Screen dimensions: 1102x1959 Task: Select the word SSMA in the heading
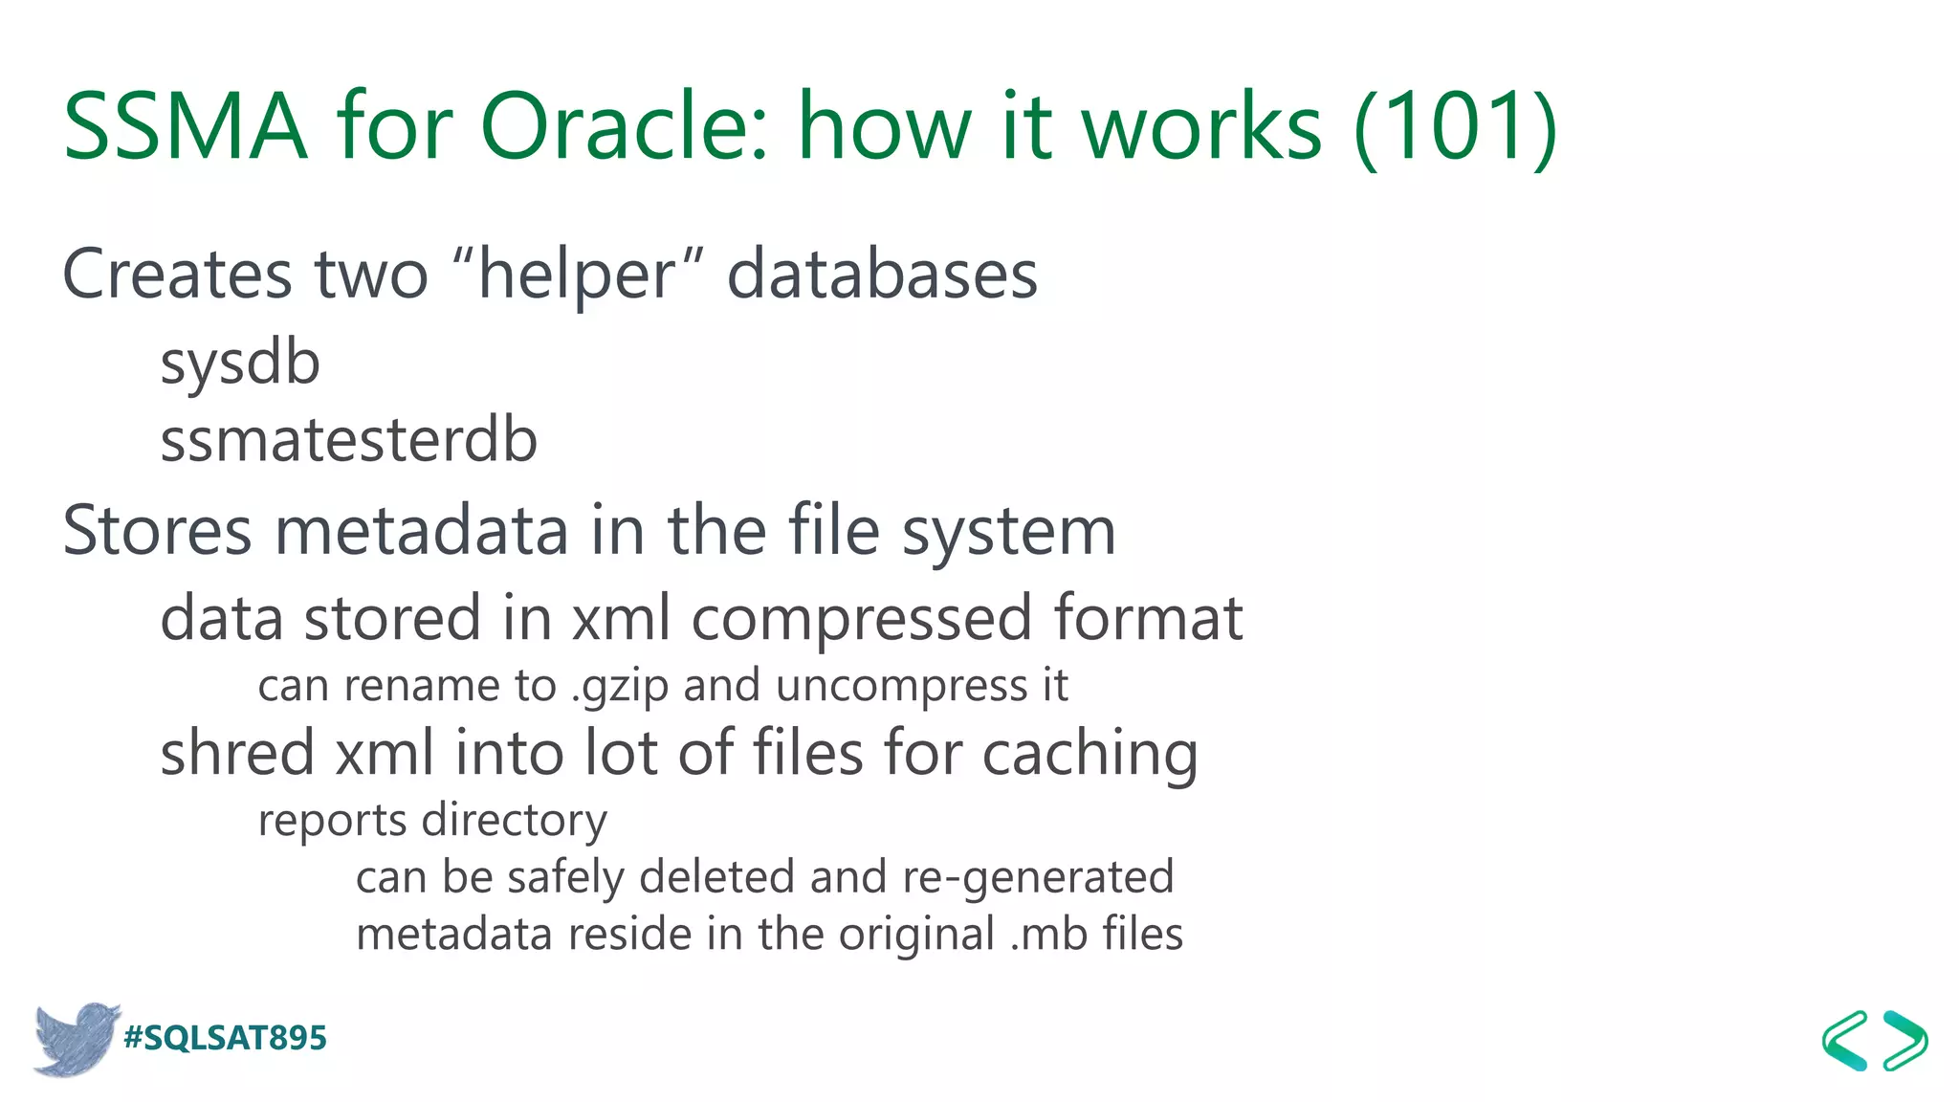tap(185, 127)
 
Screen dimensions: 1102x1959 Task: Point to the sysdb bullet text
tap(240, 364)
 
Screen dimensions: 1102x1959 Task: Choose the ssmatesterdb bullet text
tap(349, 441)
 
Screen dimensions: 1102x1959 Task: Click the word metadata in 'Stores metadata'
tap(422, 531)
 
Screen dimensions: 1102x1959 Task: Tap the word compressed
tap(861, 619)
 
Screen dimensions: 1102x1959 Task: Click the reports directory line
tap(432, 821)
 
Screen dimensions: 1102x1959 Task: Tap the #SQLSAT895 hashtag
tap(226, 1038)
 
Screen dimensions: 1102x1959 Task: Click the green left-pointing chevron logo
tap(1845, 1040)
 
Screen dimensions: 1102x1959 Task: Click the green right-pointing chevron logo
tap(1905, 1040)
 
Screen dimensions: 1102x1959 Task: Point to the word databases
tap(882, 275)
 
